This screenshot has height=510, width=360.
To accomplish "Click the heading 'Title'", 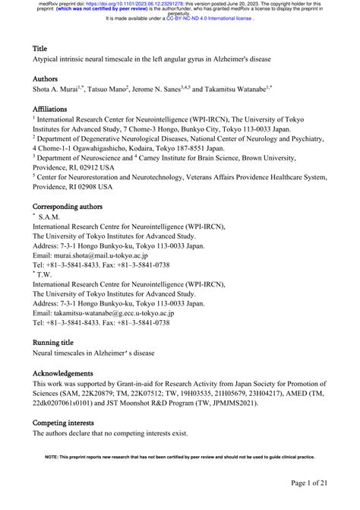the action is coord(39,47).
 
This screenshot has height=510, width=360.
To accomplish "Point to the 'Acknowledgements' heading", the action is coord(63,374).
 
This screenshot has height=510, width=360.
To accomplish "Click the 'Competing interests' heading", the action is coord(63,422).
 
